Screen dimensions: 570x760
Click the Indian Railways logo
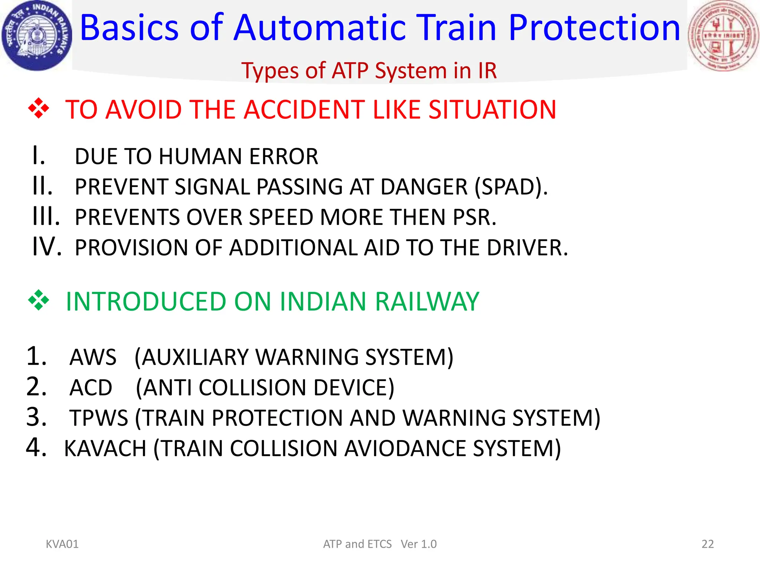pos(36,36)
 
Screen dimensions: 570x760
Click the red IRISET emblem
pos(723,36)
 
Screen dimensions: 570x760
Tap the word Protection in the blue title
pos(594,28)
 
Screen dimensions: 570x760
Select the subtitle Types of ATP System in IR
pos(369,71)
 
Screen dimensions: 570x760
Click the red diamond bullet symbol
pos(39,109)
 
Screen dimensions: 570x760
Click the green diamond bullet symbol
pos(39,300)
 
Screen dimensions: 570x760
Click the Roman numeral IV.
pos(46,246)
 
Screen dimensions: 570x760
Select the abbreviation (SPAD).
pos(511,187)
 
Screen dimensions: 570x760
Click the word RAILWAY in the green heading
pos(427,301)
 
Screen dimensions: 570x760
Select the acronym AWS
pos(93,357)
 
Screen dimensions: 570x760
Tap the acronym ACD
pos(91,388)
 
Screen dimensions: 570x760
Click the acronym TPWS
pos(99,418)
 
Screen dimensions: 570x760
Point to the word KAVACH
pos(105,449)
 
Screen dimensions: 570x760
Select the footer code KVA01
pos(62,544)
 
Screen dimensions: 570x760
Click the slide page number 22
pos(707,544)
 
